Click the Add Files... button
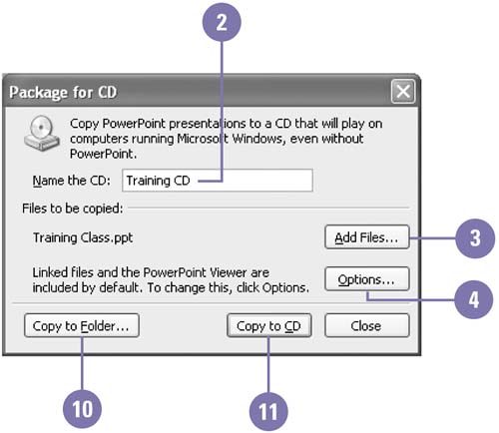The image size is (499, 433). tap(367, 237)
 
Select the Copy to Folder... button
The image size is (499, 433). tap(82, 325)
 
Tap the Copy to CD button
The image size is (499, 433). tap(269, 325)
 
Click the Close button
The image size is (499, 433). tap(367, 325)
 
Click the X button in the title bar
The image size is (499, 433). tap(403, 91)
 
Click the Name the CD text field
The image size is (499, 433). tap(218, 181)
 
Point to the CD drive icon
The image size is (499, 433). tap(42, 133)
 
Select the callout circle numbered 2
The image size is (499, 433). tap(222, 22)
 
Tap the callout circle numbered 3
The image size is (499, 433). tap(475, 238)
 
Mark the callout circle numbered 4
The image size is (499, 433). tap(474, 299)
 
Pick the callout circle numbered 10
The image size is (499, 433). tap(82, 409)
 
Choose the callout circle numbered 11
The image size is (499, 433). tap(268, 411)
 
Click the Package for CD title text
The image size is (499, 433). tap(63, 92)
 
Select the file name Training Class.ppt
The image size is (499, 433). tap(83, 237)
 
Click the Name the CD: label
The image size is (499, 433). tap(71, 181)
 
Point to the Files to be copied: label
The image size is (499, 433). tap(73, 209)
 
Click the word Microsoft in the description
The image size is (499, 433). tap(203, 139)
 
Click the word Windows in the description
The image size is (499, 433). tap(258, 139)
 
